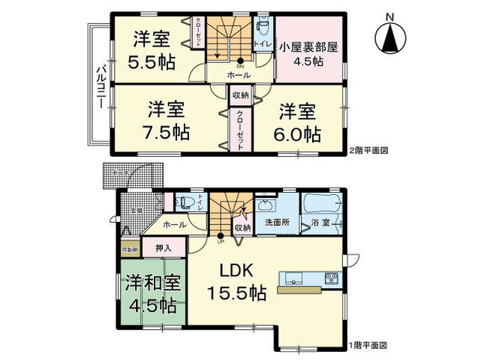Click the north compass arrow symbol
point(389,36)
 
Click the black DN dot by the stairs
point(241,61)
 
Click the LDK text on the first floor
point(237,271)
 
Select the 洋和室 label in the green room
point(149,283)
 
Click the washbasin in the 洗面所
point(266,205)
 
